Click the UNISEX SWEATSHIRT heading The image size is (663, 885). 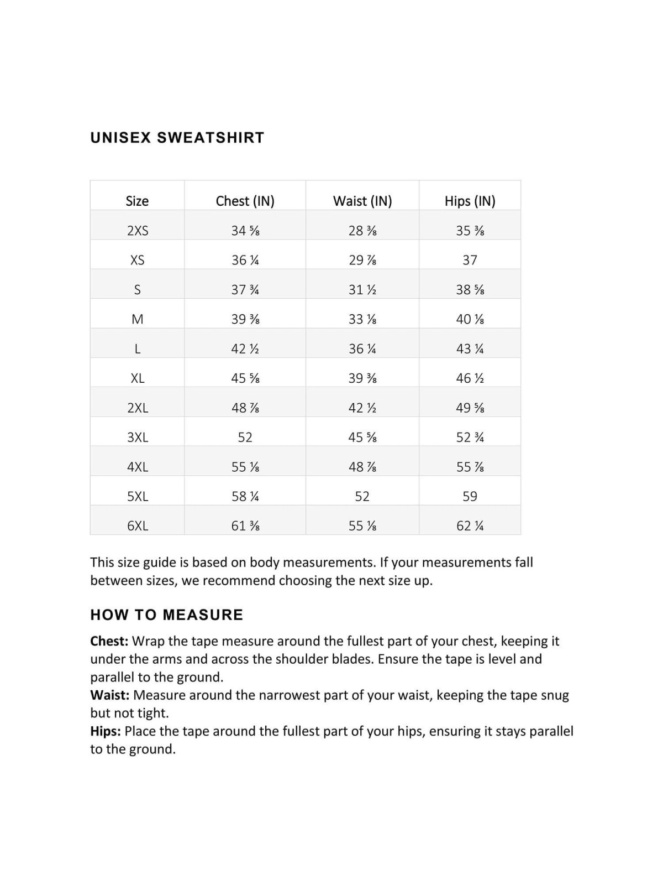point(177,137)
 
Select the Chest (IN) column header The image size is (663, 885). point(245,201)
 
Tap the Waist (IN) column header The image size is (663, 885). point(362,201)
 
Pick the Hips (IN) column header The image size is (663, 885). point(470,201)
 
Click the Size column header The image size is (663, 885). point(137,201)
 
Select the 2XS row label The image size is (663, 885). point(138,231)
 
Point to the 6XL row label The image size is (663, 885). point(138,525)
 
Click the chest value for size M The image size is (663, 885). point(245,319)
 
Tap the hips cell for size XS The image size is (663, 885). point(470,260)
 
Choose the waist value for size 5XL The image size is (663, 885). point(362,496)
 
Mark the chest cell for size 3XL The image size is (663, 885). point(245,437)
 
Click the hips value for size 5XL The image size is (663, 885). point(470,496)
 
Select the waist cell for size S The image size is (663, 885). point(362,289)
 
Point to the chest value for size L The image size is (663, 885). point(245,348)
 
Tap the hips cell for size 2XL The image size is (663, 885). point(470,408)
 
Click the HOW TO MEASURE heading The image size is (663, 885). point(166,615)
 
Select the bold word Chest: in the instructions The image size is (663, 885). point(109,641)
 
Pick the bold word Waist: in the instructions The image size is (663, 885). point(110,695)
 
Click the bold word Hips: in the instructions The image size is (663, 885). point(106,731)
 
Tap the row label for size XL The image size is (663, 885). point(138,378)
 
